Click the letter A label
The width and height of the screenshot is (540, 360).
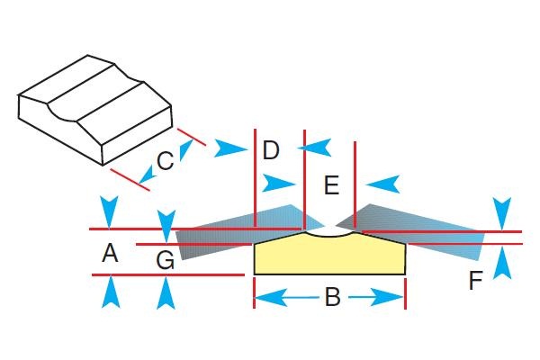coord(110,255)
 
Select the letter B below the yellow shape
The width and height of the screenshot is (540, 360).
coord(332,297)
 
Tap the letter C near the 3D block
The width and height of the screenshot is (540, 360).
coord(165,161)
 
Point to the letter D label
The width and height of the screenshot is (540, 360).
coord(271,150)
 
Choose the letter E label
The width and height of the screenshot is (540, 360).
coord(330,186)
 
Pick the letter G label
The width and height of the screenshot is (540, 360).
coord(165,260)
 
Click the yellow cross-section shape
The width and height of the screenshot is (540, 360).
coord(329,257)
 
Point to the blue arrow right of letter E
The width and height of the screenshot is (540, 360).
coord(382,184)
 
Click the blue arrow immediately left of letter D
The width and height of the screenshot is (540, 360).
coord(231,148)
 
